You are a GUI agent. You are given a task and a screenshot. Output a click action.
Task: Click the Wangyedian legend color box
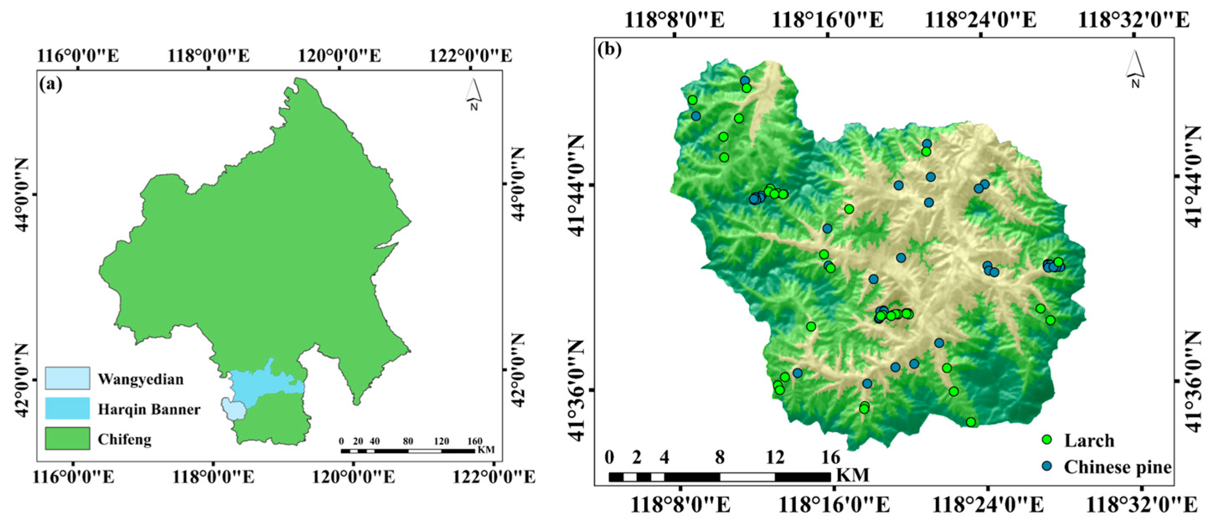coord(67,378)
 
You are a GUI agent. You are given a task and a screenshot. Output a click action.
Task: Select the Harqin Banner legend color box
coord(67,408)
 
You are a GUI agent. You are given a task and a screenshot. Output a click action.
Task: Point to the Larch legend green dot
coord(1047,440)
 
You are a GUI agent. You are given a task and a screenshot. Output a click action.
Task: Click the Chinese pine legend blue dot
coord(1047,466)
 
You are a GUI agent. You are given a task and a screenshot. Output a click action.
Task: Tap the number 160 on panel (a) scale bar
coord(474,441)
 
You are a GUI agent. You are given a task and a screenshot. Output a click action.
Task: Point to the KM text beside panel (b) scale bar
coord(854,475)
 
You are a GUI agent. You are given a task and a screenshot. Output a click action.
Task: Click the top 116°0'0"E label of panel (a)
coord(78,56)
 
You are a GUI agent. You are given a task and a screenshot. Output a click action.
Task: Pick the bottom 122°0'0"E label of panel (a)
coord(494,477)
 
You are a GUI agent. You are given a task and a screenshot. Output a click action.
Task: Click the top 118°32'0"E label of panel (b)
coord(1133,21)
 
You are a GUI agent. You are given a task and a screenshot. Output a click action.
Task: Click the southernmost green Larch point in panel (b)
coord(970,422)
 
